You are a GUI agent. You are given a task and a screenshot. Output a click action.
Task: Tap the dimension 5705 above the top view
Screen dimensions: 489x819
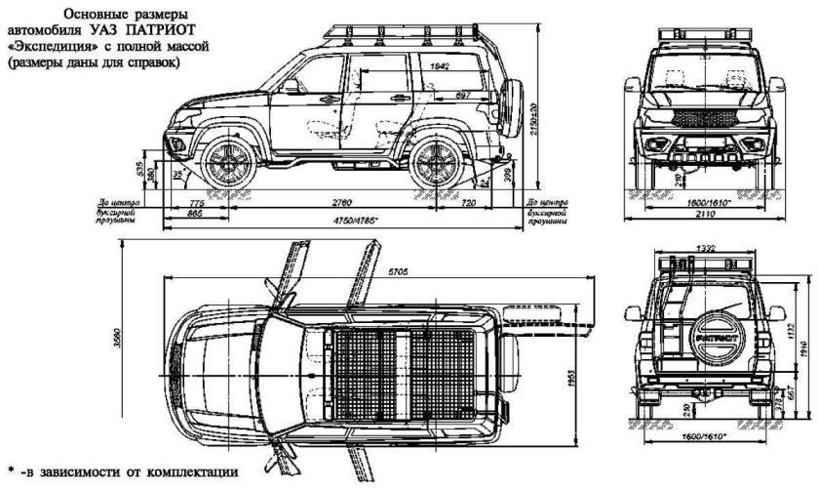coord(398,270)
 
